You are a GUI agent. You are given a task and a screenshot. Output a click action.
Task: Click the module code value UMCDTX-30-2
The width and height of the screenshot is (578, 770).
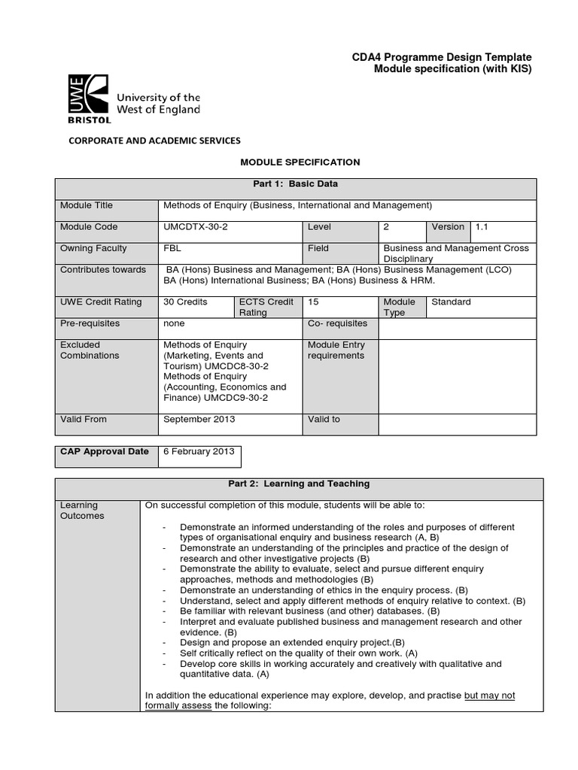pos(194,226)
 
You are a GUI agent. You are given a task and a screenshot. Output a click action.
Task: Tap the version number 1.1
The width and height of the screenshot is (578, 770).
pos(482,226)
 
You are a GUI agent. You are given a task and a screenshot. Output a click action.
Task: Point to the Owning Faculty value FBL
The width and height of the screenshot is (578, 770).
pos(172,248)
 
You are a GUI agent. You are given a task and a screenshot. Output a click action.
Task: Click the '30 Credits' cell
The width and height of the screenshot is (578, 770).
pos(185,302)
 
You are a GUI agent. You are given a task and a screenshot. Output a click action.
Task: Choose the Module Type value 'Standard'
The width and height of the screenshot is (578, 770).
pos(451,302)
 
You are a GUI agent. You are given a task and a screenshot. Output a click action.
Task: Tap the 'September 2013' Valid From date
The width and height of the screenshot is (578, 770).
pos(199,419)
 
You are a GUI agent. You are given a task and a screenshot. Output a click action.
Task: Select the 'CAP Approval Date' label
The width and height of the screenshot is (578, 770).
pos(105,451)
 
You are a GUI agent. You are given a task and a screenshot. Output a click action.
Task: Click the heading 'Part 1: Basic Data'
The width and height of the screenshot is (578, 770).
pos(295,183)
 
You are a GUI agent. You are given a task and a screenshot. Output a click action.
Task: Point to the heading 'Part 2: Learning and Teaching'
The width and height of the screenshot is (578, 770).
pos(295,484)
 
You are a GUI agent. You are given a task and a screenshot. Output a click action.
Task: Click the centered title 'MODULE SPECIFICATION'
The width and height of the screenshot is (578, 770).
pos(289,162)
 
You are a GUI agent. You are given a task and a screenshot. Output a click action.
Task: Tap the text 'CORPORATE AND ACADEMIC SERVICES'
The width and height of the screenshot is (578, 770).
pos(155,141)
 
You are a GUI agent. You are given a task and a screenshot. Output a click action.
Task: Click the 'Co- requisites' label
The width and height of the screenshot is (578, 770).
pos(338,323)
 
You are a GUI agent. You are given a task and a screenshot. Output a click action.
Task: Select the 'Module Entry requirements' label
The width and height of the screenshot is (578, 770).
pos(336,350)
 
